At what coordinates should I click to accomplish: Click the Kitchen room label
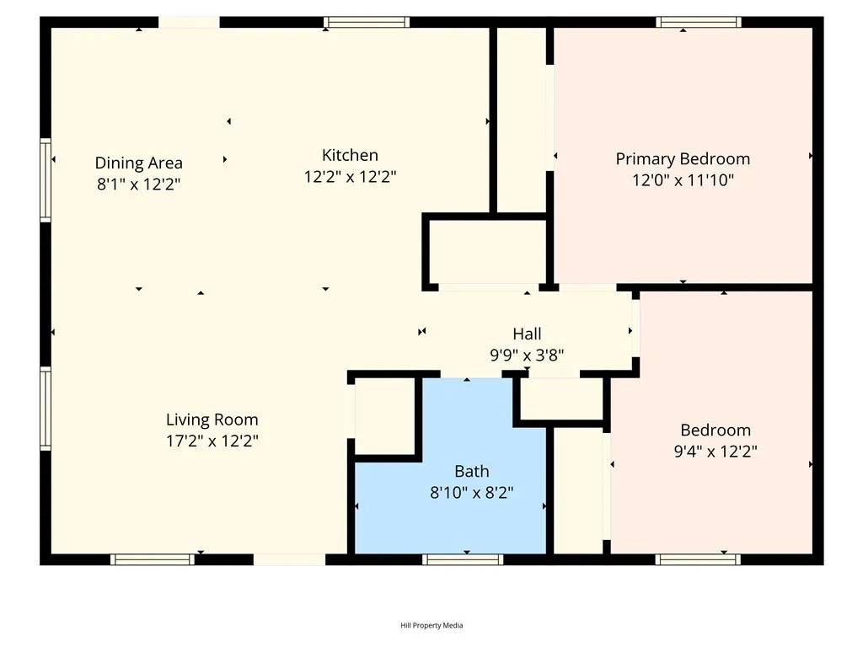(x=350, y=155)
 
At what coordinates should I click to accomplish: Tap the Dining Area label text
(x=138, y=163)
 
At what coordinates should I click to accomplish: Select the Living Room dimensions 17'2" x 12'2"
(x=212, y=441)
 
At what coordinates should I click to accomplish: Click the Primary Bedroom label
(x=682, y=158)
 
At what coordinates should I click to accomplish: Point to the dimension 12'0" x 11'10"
(x=682, y=179)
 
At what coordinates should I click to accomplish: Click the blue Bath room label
(x=471, y=472)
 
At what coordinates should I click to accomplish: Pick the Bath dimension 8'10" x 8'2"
(x=471, y=493)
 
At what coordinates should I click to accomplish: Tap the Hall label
(x=527, y=334)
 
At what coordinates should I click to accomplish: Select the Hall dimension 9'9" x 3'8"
(x=527, y=356)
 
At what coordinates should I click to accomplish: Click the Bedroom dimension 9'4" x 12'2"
(x=715, y=452)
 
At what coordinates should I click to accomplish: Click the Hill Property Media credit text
(x=431, y=625)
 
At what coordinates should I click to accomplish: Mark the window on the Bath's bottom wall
(x=463, y=559)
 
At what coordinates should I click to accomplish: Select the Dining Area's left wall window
(x=46, y=180)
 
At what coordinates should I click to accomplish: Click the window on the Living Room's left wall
(x=46, y=408)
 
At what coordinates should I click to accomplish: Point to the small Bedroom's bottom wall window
(x=699, y=559)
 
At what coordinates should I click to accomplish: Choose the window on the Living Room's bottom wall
(x=153, y=559)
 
